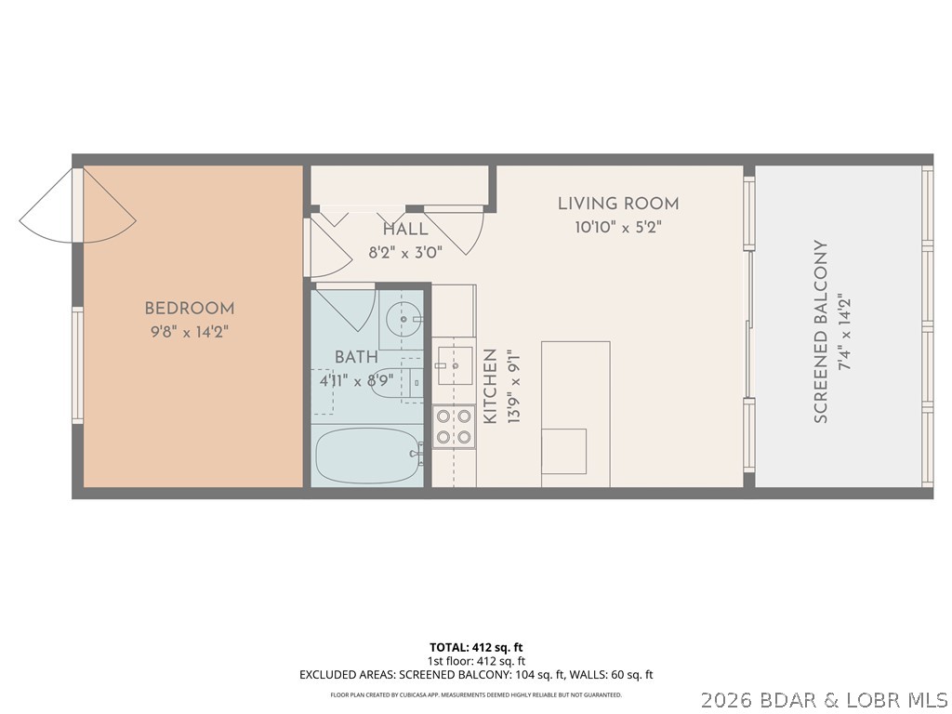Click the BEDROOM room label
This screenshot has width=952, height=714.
(x=189, y=308)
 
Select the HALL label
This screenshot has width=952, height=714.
(x=405, y=229)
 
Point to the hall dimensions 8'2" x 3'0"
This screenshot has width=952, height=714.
(x=405, y=250)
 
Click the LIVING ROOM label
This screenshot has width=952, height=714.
(x=618, y=204)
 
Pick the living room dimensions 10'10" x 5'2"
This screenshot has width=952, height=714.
(x=618, y=226)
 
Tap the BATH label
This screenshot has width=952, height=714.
(x=357, y=357)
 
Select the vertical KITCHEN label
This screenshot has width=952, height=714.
(x=489, y=387)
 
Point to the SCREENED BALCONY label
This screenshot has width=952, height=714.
(x=821, y=332)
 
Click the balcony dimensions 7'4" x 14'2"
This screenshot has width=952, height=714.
(x=844, y=332)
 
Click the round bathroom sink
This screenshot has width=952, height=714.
(x=403, y=319)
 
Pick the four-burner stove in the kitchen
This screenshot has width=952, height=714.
(x=453, y=427)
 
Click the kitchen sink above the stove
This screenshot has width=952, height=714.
(x=453, y=365)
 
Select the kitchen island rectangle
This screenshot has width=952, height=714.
(x=575, y=414)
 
